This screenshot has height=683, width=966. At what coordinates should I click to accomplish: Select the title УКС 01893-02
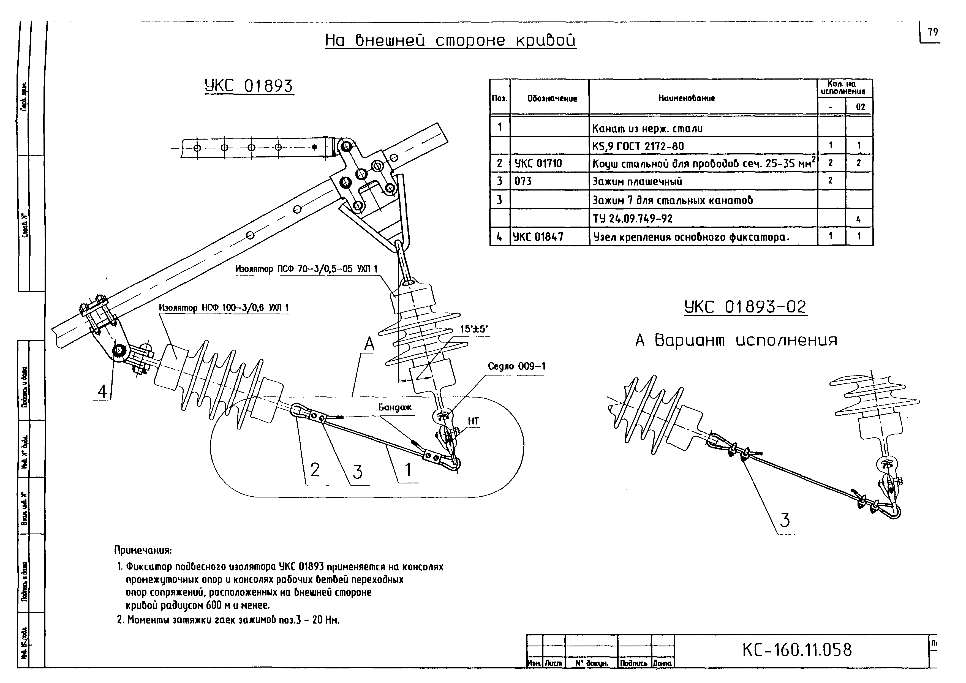[x=745, y=307]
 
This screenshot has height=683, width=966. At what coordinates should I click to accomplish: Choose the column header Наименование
[x=687, y=98]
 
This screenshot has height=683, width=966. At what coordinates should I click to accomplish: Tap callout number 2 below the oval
[x=315, y=470]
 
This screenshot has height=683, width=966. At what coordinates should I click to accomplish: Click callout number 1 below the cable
[x=408, y=470]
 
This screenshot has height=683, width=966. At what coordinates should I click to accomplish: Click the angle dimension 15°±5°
[x=474, y=329]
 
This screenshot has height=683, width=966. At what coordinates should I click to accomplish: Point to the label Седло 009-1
[x=517, y=366]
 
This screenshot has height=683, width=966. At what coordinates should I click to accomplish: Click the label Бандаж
[x=395, y=407]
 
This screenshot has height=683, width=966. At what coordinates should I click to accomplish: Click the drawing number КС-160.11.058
[x=797, y=650]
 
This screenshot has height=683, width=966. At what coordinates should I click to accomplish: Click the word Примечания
[x=143, y=550]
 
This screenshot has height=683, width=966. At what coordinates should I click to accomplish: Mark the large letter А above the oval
[x=369, y=344]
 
